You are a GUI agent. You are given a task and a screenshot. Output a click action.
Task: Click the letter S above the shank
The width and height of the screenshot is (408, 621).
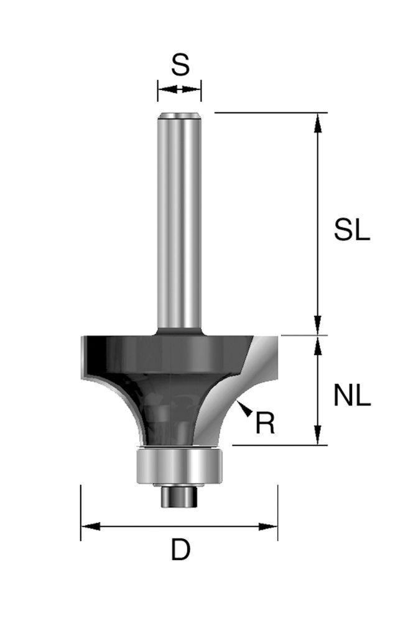point(180,65)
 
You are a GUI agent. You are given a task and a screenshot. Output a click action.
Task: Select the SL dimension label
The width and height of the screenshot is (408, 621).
point(351,231)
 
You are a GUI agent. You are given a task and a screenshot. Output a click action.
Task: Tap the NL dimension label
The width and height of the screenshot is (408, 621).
point(351,396)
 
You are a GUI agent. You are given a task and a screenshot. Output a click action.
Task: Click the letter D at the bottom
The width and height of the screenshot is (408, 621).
point(180,550)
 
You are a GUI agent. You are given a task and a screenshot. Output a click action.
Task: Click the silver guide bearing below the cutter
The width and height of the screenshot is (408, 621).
point(179,466)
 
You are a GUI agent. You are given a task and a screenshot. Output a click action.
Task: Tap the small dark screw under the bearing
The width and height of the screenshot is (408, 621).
point(179,497)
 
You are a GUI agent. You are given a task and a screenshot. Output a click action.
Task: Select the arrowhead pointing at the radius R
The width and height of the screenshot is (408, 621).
point(244,408)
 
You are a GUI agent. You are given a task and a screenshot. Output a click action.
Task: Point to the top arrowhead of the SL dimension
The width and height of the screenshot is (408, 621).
point(318,122)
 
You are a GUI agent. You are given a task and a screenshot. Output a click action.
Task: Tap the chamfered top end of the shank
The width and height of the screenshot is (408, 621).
point(179,116)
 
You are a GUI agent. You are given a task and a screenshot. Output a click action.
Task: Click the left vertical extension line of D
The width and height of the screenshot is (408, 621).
point(81,512)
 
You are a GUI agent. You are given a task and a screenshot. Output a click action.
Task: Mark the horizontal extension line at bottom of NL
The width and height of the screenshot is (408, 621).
point(280,445)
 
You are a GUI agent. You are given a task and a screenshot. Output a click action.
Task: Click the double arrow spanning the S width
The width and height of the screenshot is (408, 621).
point(179,90)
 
